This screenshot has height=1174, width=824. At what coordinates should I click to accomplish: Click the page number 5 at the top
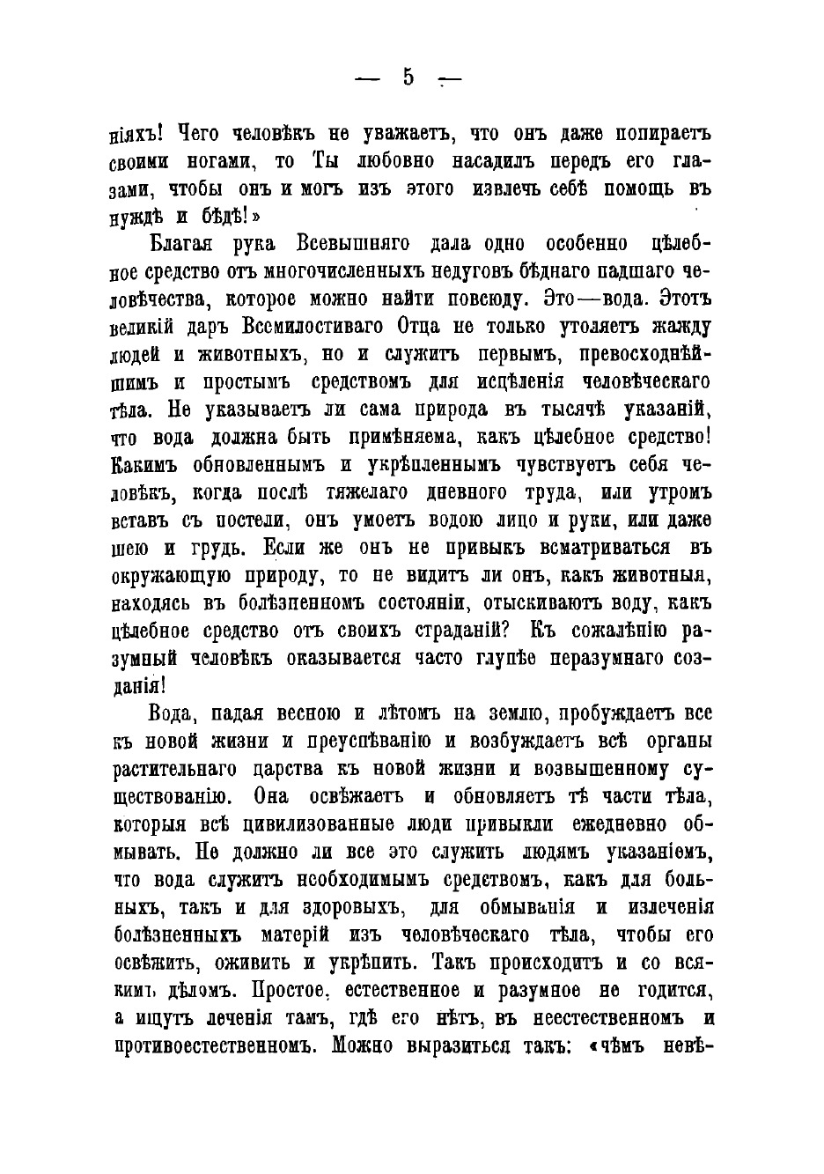[408, 78]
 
